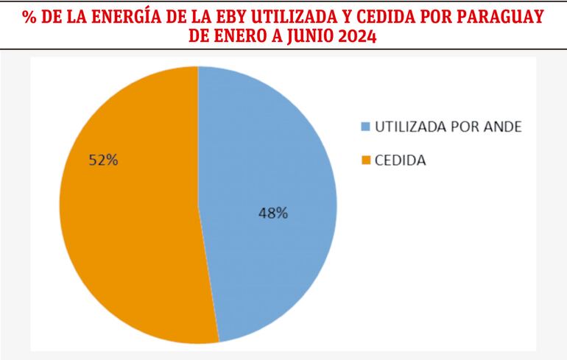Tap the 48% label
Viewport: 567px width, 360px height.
(272, 213)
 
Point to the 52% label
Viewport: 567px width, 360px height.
(103, 160)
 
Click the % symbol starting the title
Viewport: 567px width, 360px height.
(29, 17)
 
